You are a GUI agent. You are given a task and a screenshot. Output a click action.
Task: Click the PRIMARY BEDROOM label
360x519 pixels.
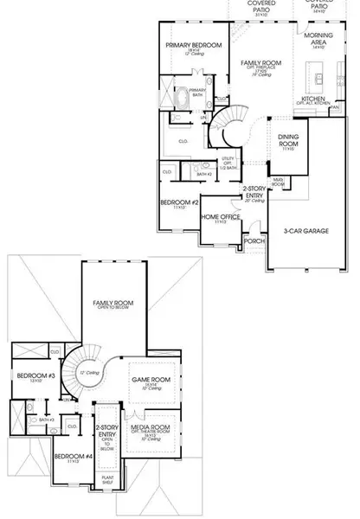194,44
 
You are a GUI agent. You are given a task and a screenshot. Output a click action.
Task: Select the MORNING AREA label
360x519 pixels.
318,40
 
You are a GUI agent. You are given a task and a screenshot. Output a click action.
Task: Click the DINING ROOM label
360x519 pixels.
288,141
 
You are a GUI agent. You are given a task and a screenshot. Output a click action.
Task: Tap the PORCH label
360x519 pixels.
254,240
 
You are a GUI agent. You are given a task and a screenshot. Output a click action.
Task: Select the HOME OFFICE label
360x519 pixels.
220,216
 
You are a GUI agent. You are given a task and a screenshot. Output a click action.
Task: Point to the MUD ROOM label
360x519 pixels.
278,183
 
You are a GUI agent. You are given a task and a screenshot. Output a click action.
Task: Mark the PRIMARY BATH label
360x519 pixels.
198,92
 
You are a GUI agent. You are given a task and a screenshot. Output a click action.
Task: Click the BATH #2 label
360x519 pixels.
204,174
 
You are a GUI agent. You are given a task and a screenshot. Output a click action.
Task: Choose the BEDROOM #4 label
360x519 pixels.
73,456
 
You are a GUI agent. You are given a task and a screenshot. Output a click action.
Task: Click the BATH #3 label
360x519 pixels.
45,420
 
